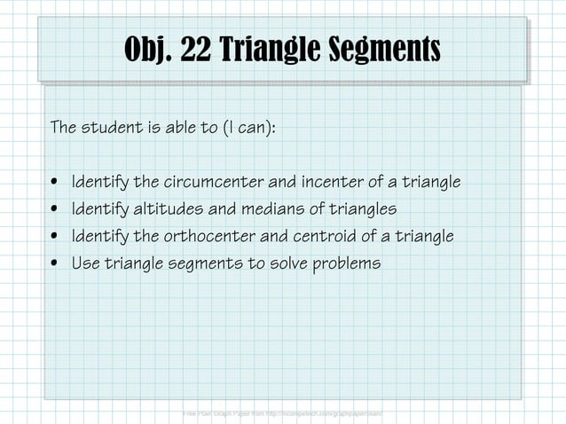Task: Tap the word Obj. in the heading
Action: point(148,49)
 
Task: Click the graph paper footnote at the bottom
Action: point(282,414)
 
